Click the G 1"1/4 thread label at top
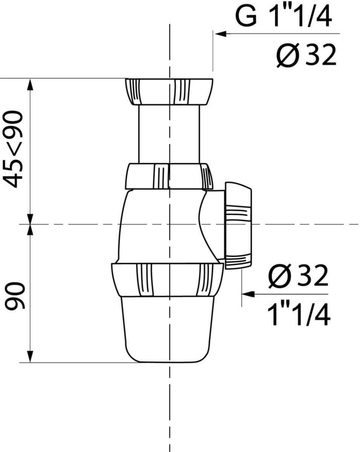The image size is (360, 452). coord(284,17)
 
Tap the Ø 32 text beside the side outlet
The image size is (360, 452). coord(298,276)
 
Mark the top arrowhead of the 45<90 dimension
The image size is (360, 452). coord(30,84)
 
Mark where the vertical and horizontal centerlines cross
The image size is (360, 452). coord(170,224)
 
